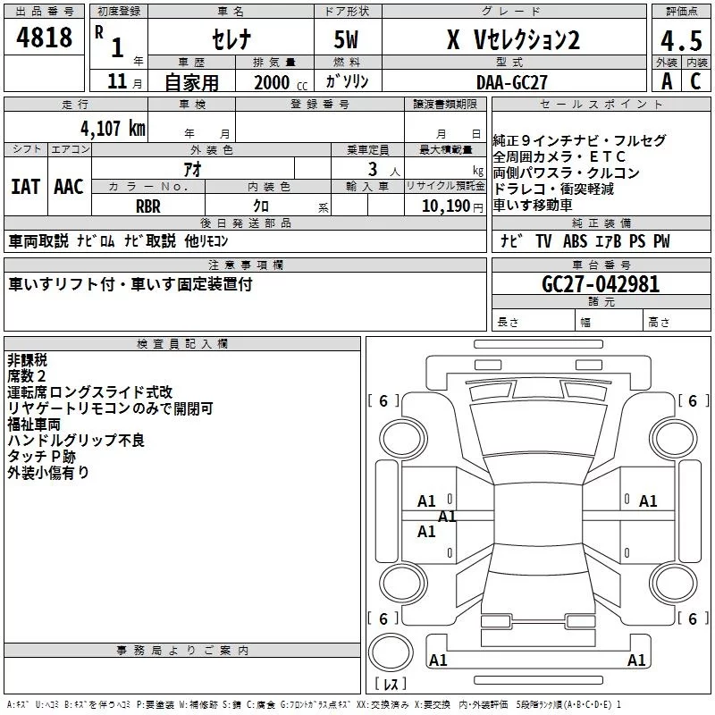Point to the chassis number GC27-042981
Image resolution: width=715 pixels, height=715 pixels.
[601, 284]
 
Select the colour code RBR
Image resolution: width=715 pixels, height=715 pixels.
[148, 206]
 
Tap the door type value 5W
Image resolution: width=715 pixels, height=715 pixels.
[348, 40]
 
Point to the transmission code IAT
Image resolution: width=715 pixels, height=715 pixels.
[25, 187]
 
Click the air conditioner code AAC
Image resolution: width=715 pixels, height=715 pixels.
[69, 187]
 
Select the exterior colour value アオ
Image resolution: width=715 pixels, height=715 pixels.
[192, 169]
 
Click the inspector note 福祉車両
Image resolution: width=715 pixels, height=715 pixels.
[35, 425]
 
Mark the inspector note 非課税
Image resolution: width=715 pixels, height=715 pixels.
[27, 359]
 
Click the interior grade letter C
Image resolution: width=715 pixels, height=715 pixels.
[694, 82]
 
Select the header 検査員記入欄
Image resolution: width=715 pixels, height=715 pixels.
[182, 343]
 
